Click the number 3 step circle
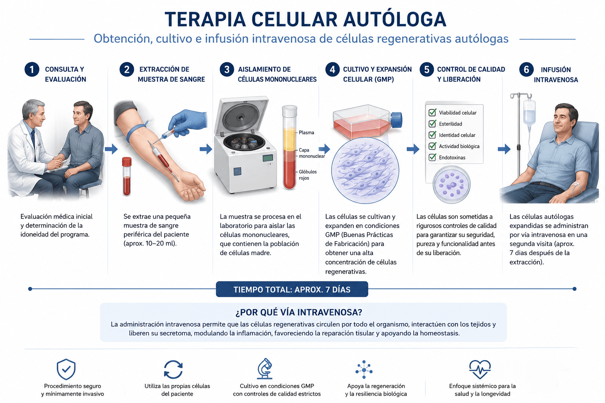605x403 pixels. (x=226, y=69)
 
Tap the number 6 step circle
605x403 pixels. (x=526, y=69)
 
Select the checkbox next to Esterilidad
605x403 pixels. (x=432, y=124)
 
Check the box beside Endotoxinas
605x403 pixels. (x=432, y=157)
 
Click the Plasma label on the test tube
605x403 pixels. (x=306, y=133)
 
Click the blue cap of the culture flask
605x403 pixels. (x=397, y=120)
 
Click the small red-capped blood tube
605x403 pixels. (x=127, y=176)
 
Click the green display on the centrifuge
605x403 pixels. (x=268, y=158)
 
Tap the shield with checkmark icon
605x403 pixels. (x=66, y=369)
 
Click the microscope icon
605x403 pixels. (x=265, y=369)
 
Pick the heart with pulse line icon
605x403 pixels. (x=480, y=369)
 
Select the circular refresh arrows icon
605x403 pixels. (x=173, y=369)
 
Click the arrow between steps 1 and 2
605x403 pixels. (x=111, y=149)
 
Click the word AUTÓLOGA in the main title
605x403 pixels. (x=395, y=19)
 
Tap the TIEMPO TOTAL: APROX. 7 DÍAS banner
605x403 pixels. (x=292, y=289)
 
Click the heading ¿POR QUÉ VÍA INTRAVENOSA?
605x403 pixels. (x=299, y=312)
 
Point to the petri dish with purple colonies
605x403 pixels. (x=452, y=184)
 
